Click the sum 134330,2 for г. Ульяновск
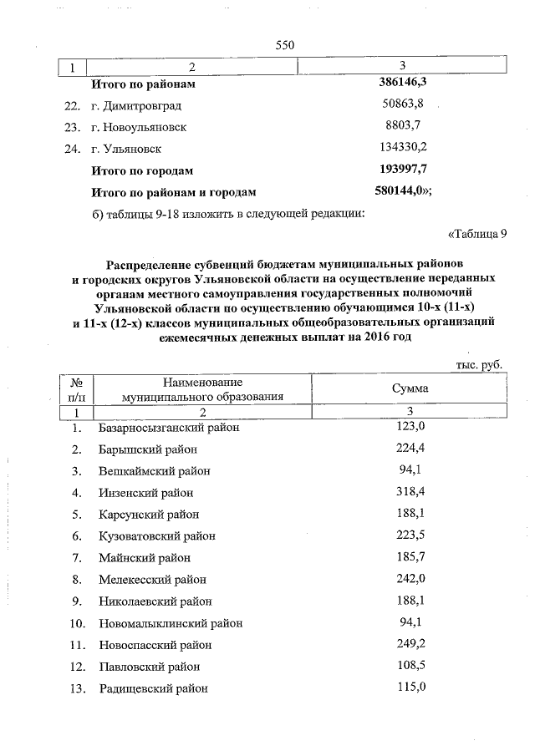point(405,149)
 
